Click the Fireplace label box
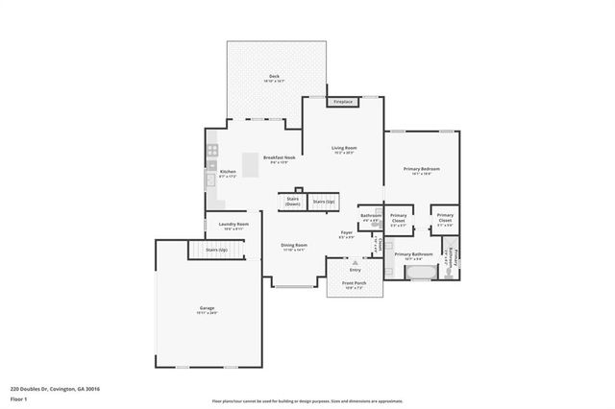pyautogui.click(x=343, y=101)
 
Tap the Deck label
pyautogui.click(x=274, y=79)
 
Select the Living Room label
pyautogui.click(x=344, y=149)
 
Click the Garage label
pyautogui.click(x=208, y=309)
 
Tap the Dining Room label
pyautogui.click(x=294, y=247)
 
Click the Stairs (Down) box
pyautogui.click(x=292, y=202)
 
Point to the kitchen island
pyautogui.click(x=250, y=166)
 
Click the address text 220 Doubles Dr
pyautogui.click(x=55, y=389)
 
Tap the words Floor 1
pyautogui.click(x=19, y=397)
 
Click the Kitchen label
pyautogui.click(x=228, y=174)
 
